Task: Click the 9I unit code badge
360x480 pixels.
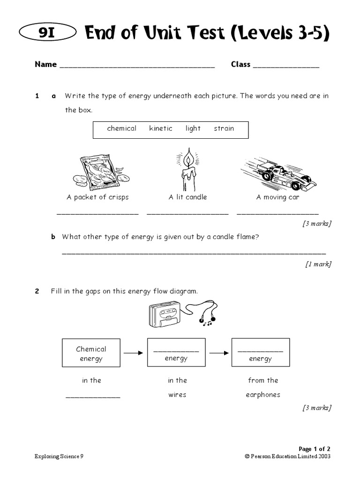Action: pyautogui.click(x=48, y=33)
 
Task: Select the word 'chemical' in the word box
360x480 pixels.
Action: pyautogui.click(x=121, y=128)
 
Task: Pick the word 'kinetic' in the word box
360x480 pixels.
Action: pyautogui.click(x=161, y=128)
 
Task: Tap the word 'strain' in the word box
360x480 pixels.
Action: pyautogui.click(x=224, y=128)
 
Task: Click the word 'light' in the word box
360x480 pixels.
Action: pyautogui.click(x=193, y=128)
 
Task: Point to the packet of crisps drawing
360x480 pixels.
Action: pyautogui.click(x=101, y=171)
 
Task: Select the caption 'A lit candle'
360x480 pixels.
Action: pyautogui.click(x=187, y=197)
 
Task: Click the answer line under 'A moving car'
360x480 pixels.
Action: pyautogui.click(x=277, y=214)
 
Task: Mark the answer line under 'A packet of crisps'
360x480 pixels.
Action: pyautogui.click(x=97, y=214)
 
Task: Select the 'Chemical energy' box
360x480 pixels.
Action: pyautogui.click(x=91, y=353)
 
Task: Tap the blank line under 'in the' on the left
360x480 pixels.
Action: pyautogui.click(x=93, y=397)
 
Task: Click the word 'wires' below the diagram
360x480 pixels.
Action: pyautogui.click(x=177, y=395)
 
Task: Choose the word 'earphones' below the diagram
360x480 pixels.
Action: pyautogui.click(x=263, y=395)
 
